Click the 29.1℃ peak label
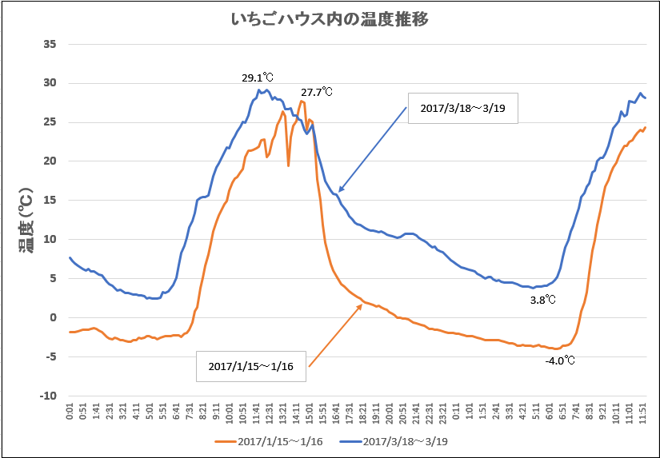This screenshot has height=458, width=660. pos(258,78)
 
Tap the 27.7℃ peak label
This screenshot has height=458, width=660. pos(316,93)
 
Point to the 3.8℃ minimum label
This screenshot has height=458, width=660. pos(543,300)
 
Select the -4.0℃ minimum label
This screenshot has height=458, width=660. pos(560,360)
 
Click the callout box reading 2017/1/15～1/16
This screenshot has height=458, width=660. pos(251,366)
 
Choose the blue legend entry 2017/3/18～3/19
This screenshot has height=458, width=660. pos(398,440)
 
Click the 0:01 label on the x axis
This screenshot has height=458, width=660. pos(70,412)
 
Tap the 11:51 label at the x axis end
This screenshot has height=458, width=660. pos(645,414)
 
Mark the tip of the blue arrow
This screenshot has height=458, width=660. pos(338,193)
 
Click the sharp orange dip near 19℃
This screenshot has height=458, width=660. pos(288,165)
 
